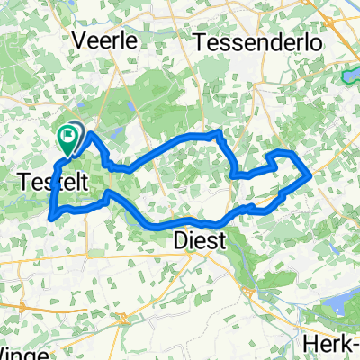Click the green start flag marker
(68, 137)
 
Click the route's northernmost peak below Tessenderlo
(216, 132)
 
